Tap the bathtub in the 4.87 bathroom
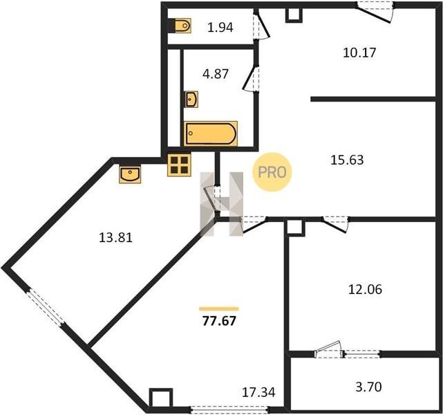click(211, 133)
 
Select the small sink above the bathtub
click(191, 99)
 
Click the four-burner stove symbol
click(179, 165)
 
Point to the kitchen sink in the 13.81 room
click(130, 175)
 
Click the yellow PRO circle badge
click(272, 172)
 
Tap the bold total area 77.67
click(219, 321)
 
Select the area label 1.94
click(220, 28)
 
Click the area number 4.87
click(216, 74)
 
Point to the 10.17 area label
click(359, 53)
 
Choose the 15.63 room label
click(347, 160)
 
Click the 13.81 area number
click(116, 237)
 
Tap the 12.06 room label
click(365, 289)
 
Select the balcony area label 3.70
click(368, 387)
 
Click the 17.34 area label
click(258, 392)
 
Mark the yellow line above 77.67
click(219, 308)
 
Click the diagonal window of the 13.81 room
click(46, 308)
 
